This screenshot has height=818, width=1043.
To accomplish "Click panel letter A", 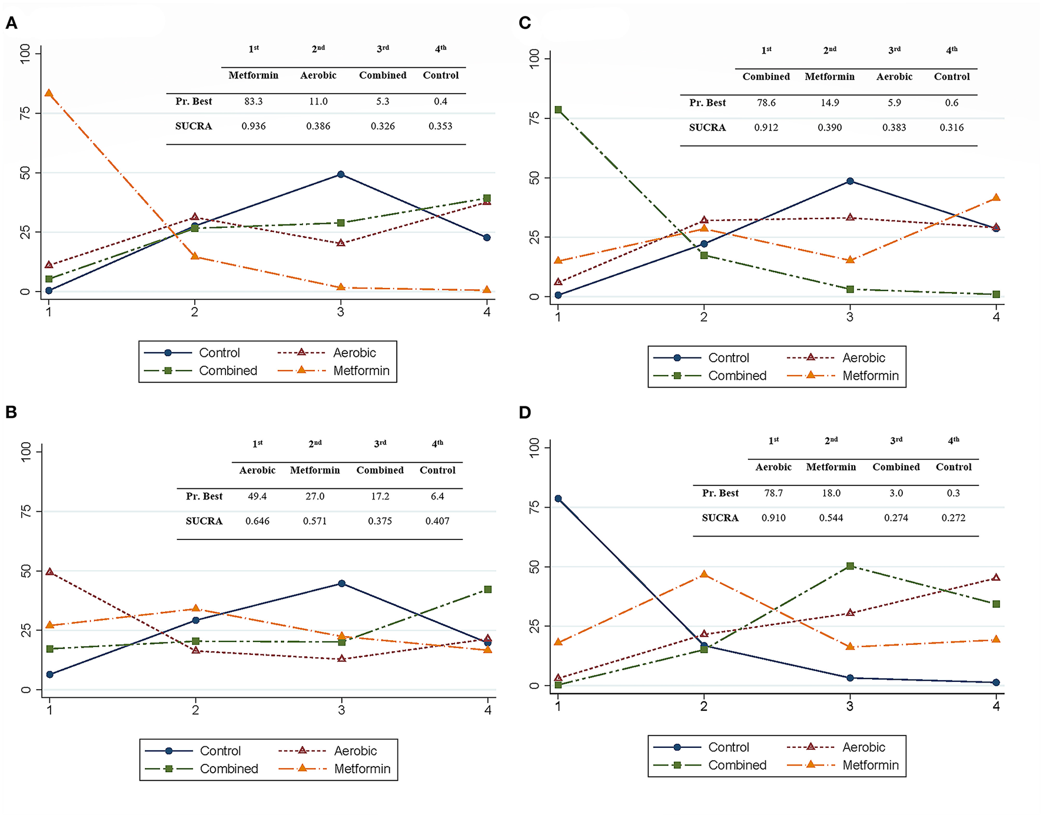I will pos(11,23).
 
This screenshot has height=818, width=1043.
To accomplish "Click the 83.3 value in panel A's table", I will pos(253,101).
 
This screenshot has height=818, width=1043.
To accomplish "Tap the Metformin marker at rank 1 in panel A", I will pos(49,93).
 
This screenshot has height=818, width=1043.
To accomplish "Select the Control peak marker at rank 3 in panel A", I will pos(341,174).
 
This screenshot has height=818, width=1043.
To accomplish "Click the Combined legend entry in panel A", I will pos(227,371).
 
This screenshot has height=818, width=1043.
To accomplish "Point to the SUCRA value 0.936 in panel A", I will pos(253,126).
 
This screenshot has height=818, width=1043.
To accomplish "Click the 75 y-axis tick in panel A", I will pos(25,113).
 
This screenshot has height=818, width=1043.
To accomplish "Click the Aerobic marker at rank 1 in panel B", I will pos(49,572).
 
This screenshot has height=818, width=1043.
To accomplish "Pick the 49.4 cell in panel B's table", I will pos(257,496).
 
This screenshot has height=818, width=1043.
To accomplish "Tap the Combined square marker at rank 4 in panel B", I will pos(487,590).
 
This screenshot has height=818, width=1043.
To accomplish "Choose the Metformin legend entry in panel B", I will pos(361,769).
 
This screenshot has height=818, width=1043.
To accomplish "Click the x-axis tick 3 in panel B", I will pos(341,710).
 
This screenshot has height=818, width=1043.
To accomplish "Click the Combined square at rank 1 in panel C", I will pos(558,110).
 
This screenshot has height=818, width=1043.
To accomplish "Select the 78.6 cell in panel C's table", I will pos(766,102).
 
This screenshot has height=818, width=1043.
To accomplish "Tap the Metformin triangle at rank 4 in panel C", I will pos(996,198).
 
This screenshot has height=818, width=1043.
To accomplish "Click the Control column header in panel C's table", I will pos(951,77).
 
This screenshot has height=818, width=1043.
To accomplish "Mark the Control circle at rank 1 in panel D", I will pos(558,499).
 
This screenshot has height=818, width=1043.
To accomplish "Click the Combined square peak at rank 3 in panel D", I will pos(850,566).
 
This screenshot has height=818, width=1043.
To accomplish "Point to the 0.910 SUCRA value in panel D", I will pos(773,518).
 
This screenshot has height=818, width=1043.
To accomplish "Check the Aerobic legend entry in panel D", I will pos(863,747).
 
